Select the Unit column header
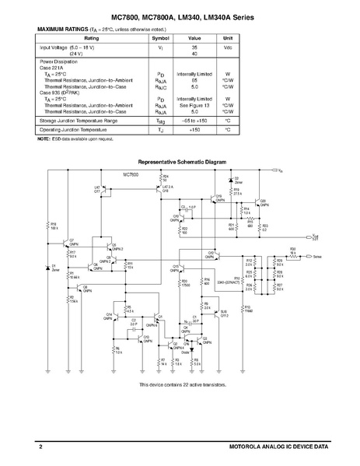point(228,37)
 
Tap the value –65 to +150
point(194,121)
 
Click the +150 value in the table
point(194,130)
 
